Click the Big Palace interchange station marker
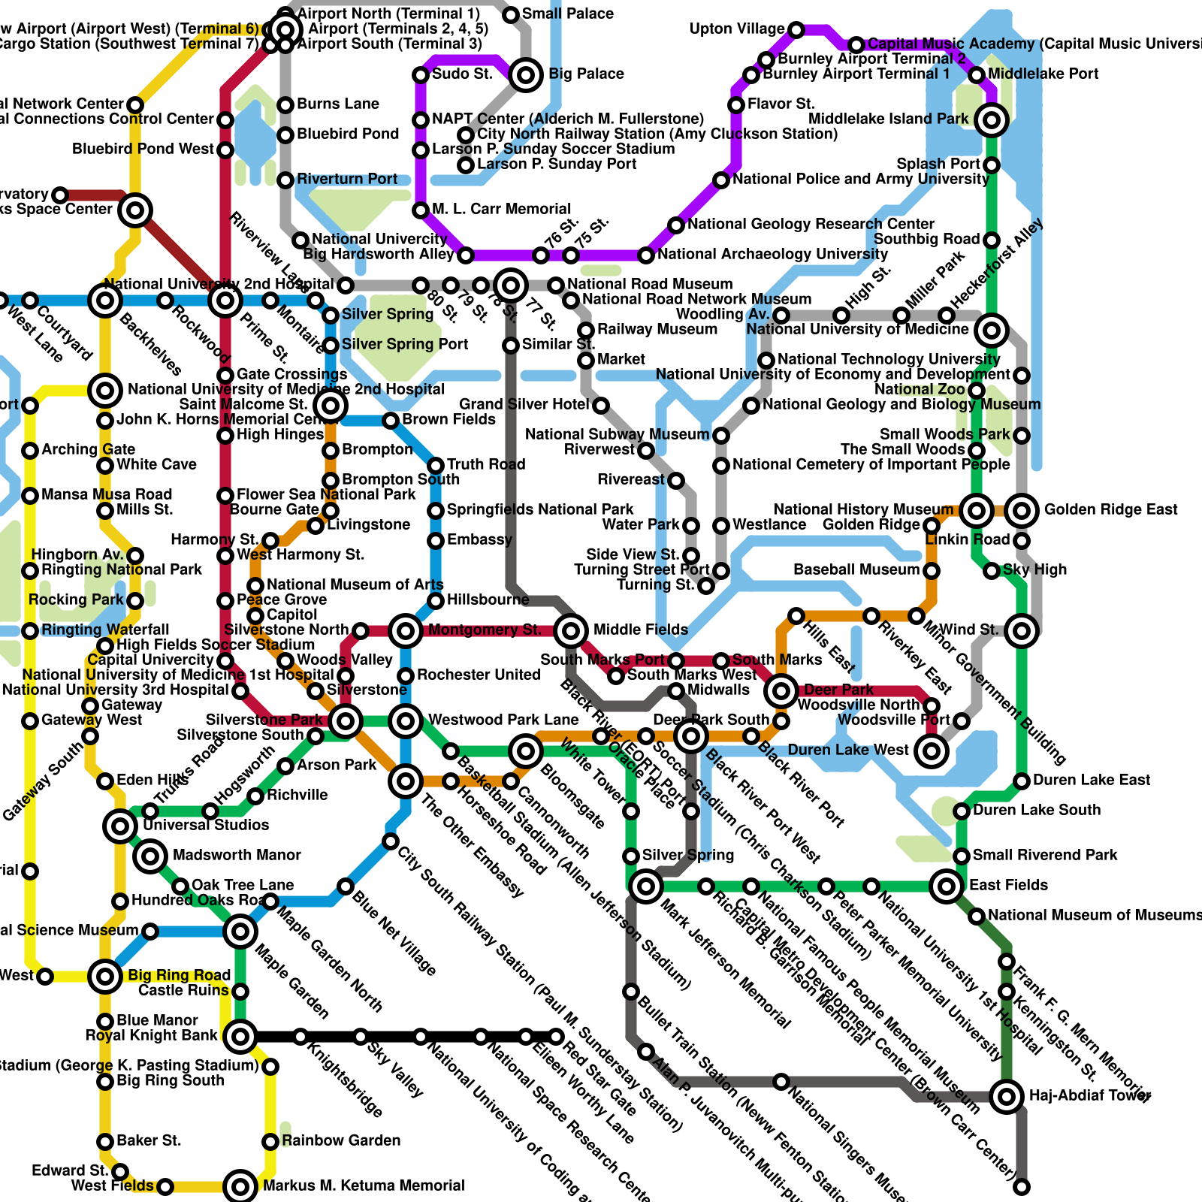pyautogui.click(x=526, y=74)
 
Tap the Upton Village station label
pyautogui.click(x=737, y=29)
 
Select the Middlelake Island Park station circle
pyautogui.click(x=992, y=119)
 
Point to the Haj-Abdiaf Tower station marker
pyautogui.click(x=1007, y=1096)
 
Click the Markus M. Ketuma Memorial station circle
pyautogui.click(x=240, y=1186)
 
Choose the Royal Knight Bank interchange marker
pyautogui.click(x=240, y=1037)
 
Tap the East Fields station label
pyautogui.click(x=1008, y=886)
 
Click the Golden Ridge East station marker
pyautogui.click(x=1022, y=511)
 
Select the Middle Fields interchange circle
pyautogui.click(x=571, y=630)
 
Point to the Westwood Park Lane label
pyautogui.click(x=503, y=720)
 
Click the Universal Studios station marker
pyautogui.click(x=120, y=826)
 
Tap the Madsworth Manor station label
pyautogui.click(x=237, y=856)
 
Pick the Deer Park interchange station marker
pyautogui.click(x=781, y=690)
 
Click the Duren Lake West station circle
pyautogui.click(x=932, y=750)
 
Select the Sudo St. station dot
pyautogui.click(x=421, y=75)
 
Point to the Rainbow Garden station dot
pyautogui.click(x=270, y=1142)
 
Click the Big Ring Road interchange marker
pyautogui.click(x=105, y=977)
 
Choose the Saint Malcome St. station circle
pyautogui.click(x=331, y=406)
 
